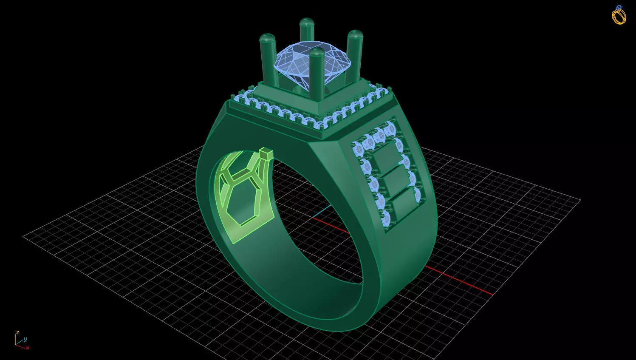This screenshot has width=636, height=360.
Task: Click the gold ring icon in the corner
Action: (x=619, y=15)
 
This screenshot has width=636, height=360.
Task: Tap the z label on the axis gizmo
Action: (x=18, y=332)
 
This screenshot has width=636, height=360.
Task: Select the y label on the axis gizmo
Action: (x=25, y=339)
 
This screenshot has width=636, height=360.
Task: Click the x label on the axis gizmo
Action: (x=28, y=348)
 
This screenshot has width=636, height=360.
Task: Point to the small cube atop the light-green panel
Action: (x=266, y=153)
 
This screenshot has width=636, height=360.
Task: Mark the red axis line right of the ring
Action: (x=459, y=281)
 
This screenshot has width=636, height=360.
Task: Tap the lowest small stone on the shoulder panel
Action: (x=386, y=219)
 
